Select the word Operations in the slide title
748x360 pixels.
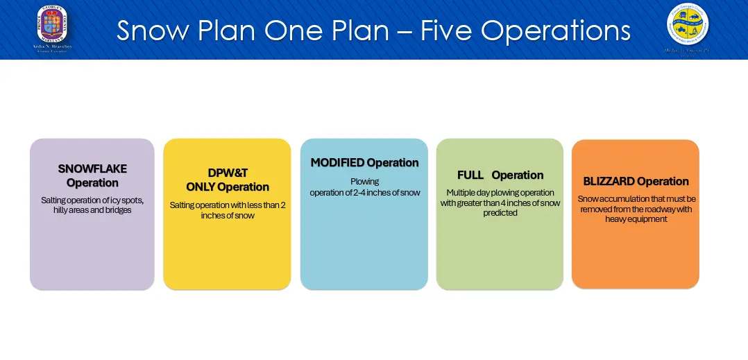coord(556,31)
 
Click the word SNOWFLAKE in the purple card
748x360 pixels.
coord(92,169)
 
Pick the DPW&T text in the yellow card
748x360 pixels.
coord(228,173)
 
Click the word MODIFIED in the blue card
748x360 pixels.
coord(337,163)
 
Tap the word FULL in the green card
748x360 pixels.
coord(470,175)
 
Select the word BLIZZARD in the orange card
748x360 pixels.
coord(609,182)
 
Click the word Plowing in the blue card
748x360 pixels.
coord(364,182)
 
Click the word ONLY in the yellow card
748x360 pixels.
coord(201,187)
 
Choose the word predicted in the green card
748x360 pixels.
coord(500,213)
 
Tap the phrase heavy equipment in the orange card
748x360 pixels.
coord(636,219)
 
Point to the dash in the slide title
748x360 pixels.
coord(402,32)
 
